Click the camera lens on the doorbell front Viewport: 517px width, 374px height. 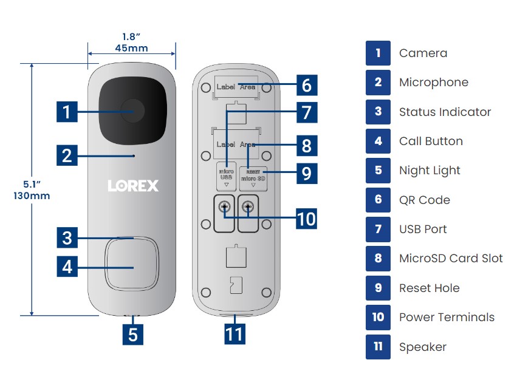tap(132, 112)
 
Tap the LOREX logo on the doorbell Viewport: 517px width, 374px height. tap(133, 185)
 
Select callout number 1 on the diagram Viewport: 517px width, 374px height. tap(67, 112)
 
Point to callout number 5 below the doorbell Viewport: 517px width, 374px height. tap(133, 335)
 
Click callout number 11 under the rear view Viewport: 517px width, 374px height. tap(235, 333)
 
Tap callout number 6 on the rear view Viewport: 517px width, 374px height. tap(306, 85)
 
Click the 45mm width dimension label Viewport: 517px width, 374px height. tap(131, 49)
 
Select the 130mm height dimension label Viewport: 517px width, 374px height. tap(32, 195)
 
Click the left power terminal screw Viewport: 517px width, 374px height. tap(224, 207)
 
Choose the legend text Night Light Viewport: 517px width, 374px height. tap(430, 171)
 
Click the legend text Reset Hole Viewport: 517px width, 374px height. tap(429, 288)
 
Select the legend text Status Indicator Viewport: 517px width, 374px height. tap(445, 112)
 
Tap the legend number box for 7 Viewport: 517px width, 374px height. tap(378, 229)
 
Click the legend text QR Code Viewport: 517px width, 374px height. tap(425, 200)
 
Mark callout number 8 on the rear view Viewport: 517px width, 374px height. tap(306, 145)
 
